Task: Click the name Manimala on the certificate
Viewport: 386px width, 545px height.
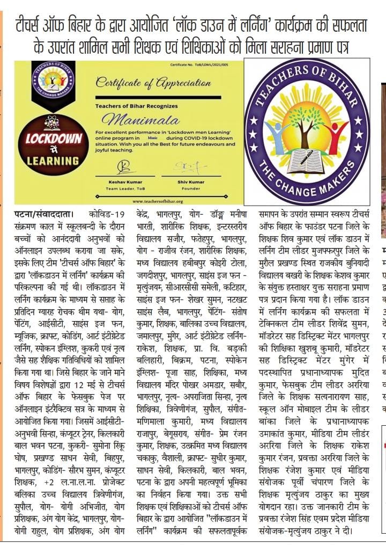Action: [x=135, y=118]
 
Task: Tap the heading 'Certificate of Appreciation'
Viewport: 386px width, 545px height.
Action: [x=145, y=83]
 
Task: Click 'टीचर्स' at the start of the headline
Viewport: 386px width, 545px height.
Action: [x=32, y=24]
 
